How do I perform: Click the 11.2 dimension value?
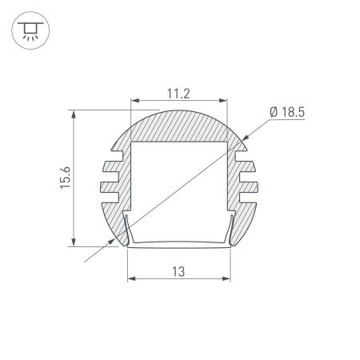point(178,94)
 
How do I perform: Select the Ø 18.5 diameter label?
point(287,113)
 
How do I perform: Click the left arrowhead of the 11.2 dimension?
point(134,102)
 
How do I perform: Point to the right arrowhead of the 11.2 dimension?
point(223,102)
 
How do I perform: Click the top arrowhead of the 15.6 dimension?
point(74,114)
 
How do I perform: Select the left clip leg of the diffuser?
point(126,230)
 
